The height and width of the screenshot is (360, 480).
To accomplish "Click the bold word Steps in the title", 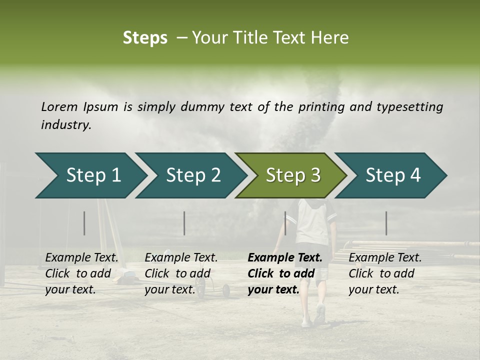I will point(145,38).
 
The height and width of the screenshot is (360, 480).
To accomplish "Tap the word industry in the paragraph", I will point(65,125).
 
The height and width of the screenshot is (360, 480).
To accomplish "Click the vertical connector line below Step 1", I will point(84,223).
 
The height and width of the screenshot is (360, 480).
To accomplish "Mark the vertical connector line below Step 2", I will point(184,223).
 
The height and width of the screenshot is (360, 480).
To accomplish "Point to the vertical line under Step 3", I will point(285,223).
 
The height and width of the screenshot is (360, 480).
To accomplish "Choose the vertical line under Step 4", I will point(386,223).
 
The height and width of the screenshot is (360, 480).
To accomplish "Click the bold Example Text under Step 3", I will point(285,258).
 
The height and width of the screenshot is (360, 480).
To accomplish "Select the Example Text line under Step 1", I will point(81,258).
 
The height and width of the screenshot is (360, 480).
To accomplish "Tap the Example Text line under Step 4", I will point(385,258).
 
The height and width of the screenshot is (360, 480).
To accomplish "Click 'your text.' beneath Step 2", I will point(170,290).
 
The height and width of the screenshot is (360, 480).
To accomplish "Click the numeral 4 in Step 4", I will point(415,175).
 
